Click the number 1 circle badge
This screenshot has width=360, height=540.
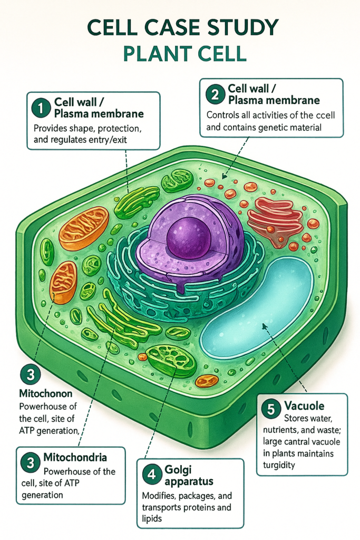click(x=40, y=108)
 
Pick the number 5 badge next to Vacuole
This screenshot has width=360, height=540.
click(x=271, y=409)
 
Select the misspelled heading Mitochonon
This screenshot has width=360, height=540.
click(x=45, y=393)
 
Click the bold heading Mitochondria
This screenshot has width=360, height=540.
click(x=75, y=457)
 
